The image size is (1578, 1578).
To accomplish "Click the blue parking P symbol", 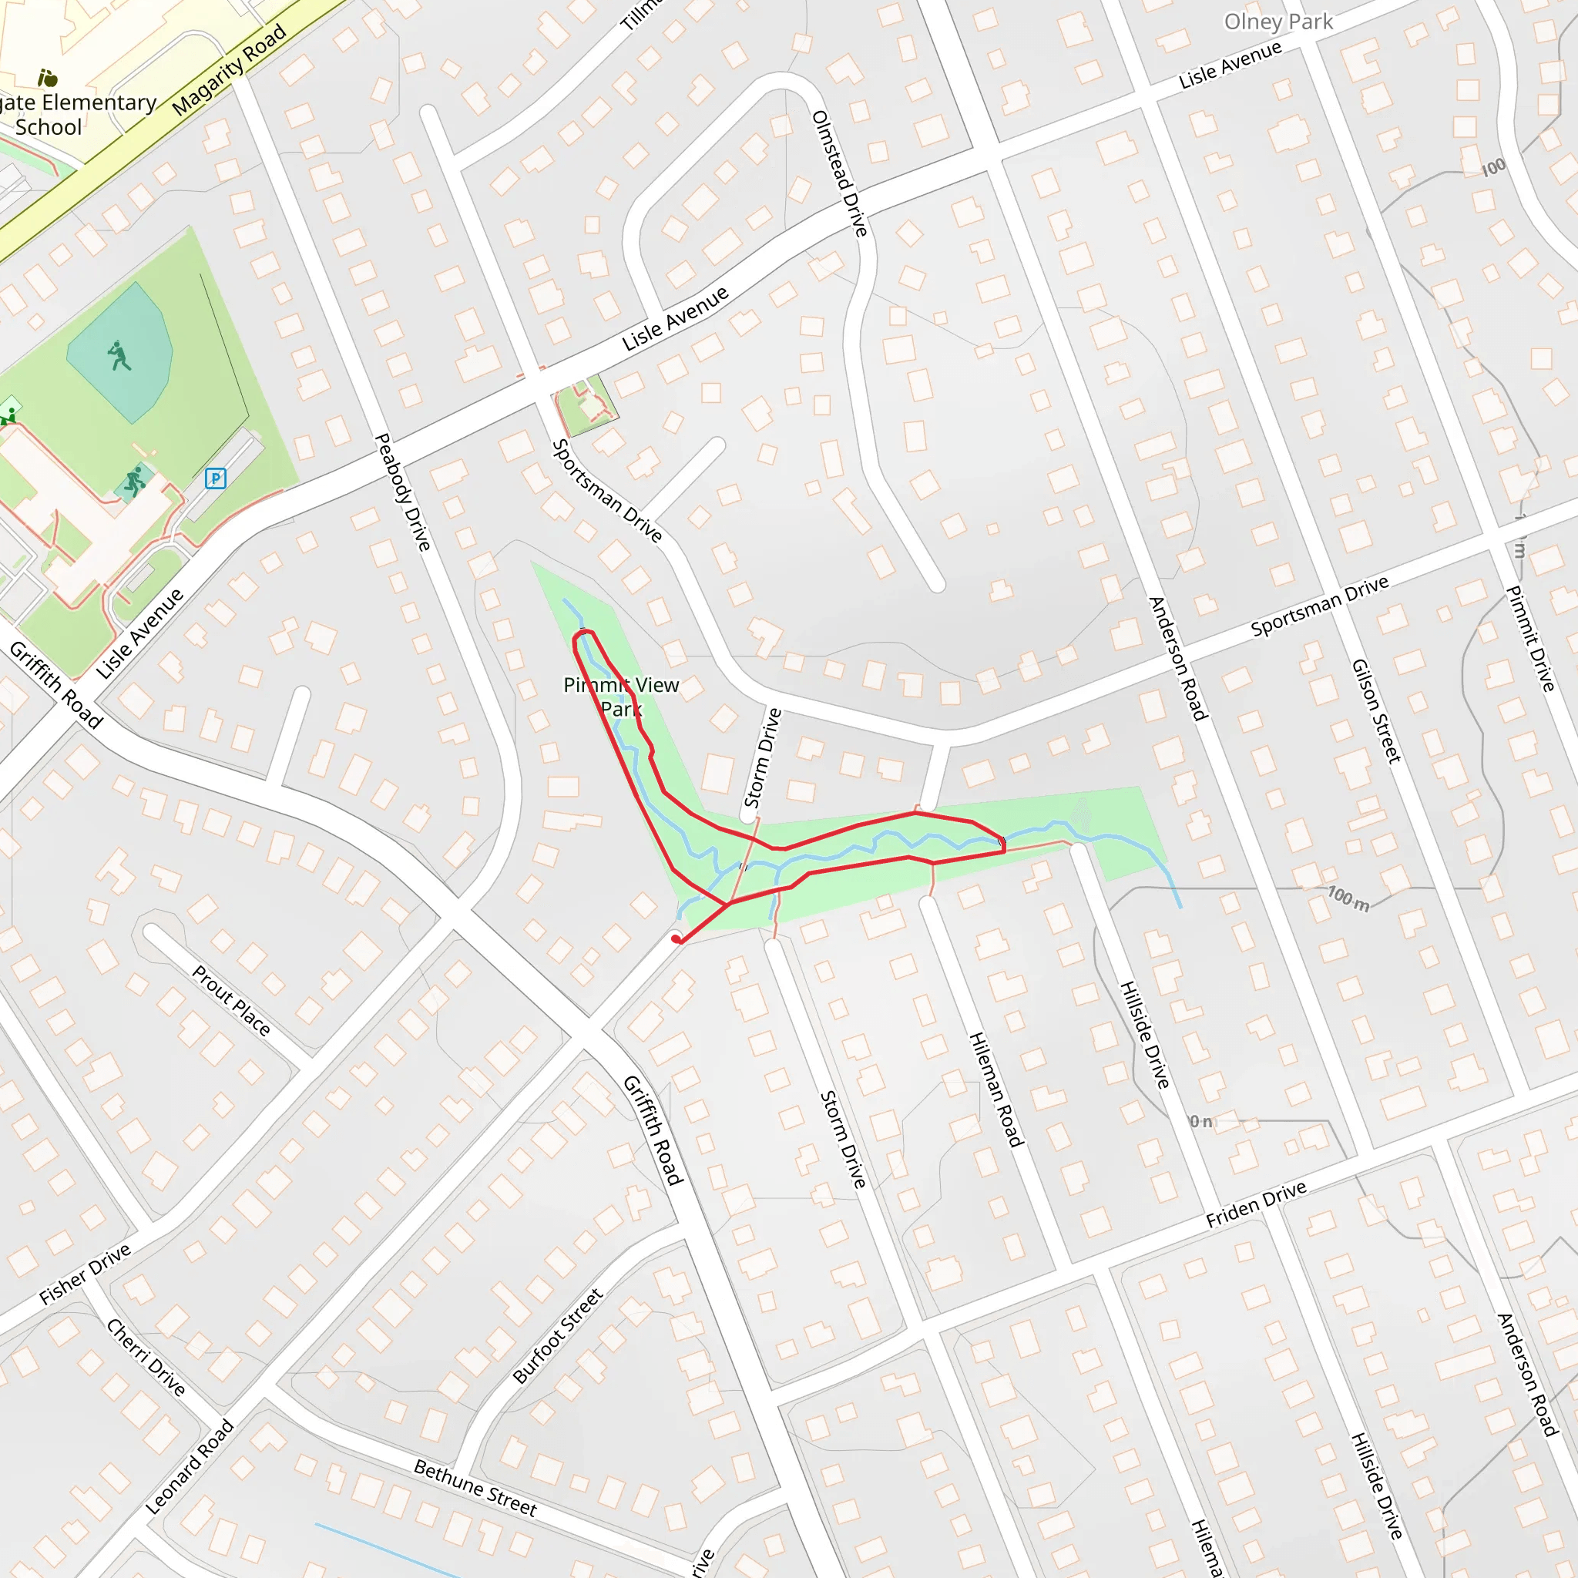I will tap(216, 478).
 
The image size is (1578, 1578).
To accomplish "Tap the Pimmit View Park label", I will tap(621, 697).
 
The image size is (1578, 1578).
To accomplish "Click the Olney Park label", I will tap(1278, 22).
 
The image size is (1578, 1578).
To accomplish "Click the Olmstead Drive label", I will tap(839, 174).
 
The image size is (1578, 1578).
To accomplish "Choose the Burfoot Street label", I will tap(558, 1336).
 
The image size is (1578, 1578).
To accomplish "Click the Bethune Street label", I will tap(475, 1488).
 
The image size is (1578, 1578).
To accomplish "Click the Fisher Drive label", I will tap(85, 1274).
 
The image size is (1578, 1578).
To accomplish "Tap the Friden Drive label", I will tap(1256, 1204).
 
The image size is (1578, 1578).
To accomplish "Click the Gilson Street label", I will tap(1376, 710).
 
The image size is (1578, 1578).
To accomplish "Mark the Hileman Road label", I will tap(995, 1089).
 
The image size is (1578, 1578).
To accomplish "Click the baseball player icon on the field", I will tap(119, 355).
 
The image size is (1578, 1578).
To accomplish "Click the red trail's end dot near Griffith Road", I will tap(677, 940).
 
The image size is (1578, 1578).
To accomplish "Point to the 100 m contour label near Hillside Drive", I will tap(1348, 898).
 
